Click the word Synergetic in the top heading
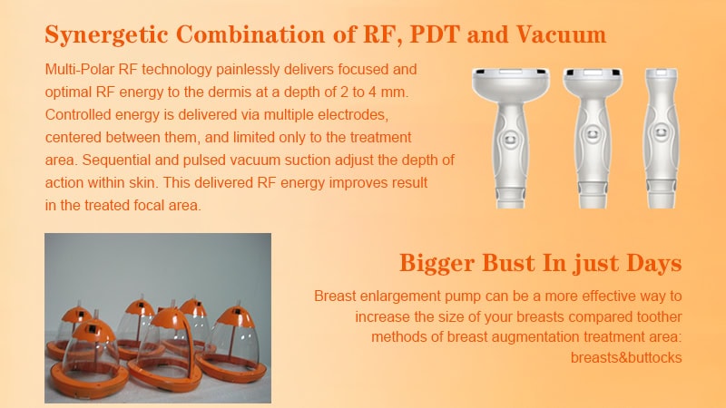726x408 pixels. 106,35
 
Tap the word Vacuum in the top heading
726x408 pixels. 561,34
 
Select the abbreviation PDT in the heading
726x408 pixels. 435,34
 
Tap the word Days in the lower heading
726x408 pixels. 653,263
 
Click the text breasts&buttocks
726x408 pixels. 626,357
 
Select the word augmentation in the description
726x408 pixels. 527,336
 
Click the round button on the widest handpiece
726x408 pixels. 510,139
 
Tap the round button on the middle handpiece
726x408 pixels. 593,135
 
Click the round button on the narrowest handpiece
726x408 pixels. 661,133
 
